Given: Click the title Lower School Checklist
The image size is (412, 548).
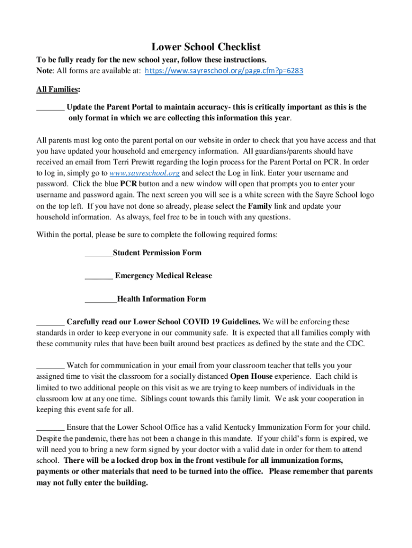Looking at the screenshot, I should (206, 47).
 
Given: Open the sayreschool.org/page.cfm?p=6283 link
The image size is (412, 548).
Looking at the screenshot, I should (224, 71).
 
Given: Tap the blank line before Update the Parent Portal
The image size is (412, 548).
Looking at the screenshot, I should (50, 107).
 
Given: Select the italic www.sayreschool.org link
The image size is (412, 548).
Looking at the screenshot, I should (144, 173).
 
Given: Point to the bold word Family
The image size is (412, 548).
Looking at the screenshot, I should (260, 206).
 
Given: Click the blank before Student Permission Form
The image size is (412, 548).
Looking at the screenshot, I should (98, 253).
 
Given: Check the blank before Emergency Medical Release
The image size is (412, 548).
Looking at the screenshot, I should (98, 276).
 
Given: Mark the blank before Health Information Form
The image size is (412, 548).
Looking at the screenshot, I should (101, 299).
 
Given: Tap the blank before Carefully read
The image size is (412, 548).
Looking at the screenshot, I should (50, 322).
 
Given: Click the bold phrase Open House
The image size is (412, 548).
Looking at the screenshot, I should (251, 376).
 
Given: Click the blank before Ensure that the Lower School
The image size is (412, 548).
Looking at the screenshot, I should (50, 427).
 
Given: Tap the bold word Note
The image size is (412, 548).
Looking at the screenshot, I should (45, 71).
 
